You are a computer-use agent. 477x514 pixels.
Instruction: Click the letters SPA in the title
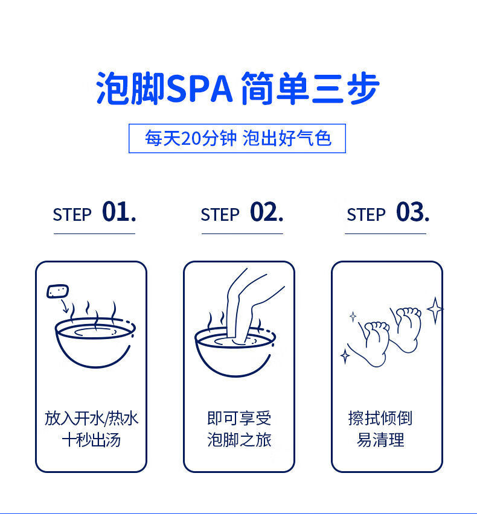200,89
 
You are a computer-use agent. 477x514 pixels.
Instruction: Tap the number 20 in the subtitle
191,138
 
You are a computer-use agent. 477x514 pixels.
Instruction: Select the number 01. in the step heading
119,212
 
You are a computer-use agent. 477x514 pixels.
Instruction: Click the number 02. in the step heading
266,212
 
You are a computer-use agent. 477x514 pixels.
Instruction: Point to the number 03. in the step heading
412,212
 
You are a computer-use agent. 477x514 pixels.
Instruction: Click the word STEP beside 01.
72,215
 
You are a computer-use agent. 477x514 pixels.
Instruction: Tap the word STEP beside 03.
366,215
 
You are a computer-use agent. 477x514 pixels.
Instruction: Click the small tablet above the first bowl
58,291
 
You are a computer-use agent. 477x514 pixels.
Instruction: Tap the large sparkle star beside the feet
435,310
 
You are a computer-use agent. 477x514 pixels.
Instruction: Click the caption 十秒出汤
91,440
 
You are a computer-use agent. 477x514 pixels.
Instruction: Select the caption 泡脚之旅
239,440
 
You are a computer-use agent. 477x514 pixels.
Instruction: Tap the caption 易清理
380,440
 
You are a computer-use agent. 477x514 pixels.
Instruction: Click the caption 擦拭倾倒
380,418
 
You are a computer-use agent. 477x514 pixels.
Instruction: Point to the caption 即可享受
239,418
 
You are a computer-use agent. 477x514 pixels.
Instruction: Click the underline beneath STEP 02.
242,233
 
